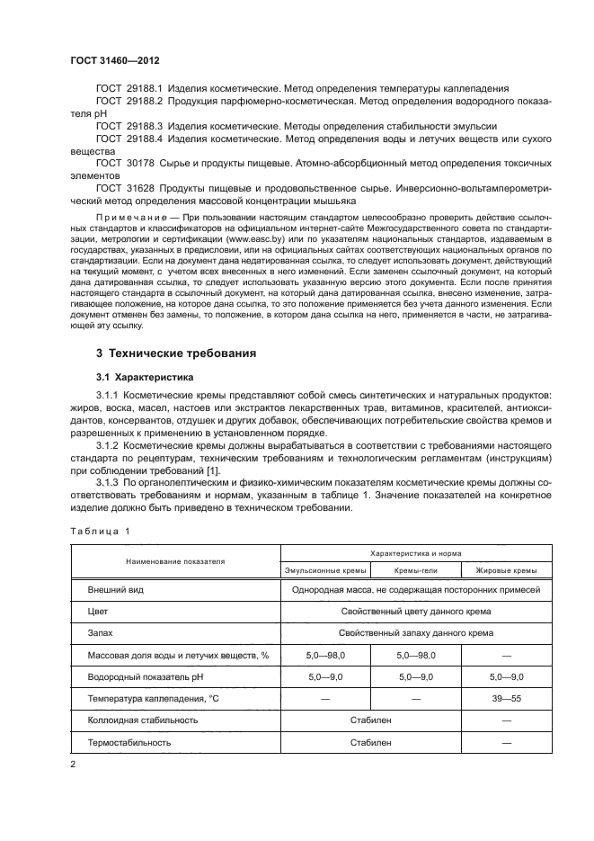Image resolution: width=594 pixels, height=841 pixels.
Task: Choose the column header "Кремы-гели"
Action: coord(414,570)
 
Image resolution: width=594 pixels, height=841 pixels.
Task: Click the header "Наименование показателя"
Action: coord(175,560)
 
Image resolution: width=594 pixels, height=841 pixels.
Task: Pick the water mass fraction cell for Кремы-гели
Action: coord(414,655)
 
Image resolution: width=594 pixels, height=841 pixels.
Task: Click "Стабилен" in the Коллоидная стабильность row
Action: coord(369,720)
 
